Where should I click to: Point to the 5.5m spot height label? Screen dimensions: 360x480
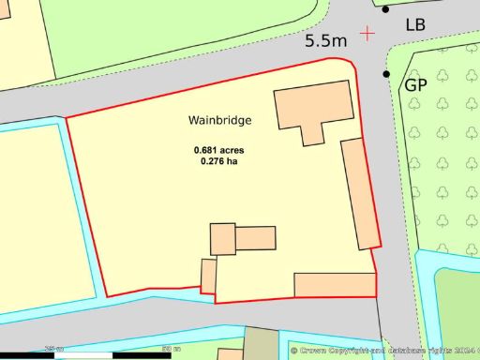pos(326,41)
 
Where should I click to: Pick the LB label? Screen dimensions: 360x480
pos(415,24)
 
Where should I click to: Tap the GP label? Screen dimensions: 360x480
pos(416,85)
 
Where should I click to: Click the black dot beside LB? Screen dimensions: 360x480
pos(385,9)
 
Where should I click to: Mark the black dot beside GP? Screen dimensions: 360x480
pos(385,74)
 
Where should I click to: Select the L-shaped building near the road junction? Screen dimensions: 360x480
pos(312,106)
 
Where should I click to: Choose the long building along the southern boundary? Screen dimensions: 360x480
pos(335,284)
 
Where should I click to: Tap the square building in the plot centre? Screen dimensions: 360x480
pos(222,239)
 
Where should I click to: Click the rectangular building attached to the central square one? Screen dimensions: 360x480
pos(255,238)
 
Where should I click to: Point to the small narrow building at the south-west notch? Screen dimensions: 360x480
pos(209,276)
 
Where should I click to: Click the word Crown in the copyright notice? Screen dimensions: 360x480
pos(316,351)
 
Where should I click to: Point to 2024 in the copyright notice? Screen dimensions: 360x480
pos(460,351)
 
